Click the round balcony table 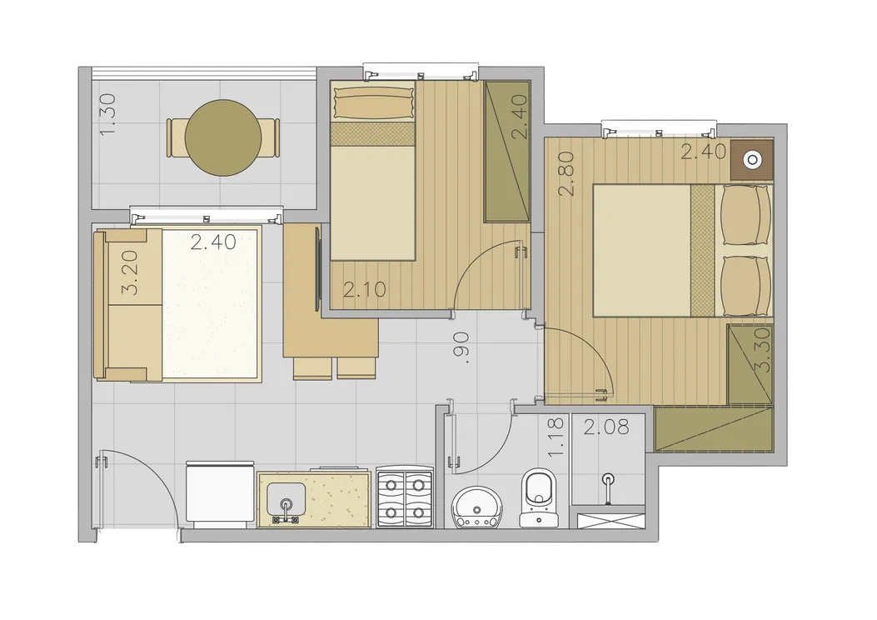223,137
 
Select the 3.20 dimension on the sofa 129,272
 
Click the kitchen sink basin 287,501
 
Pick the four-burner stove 405,497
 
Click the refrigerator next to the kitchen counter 220,494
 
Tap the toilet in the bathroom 537,497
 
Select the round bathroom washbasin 476,507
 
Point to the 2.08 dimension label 606,427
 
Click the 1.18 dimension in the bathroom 556,437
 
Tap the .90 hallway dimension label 462,347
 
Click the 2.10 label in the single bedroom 364,289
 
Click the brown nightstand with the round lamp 752,160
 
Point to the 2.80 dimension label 566,173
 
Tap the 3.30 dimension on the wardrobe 762,350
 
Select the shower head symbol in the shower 607,486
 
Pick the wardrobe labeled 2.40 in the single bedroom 506,151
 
